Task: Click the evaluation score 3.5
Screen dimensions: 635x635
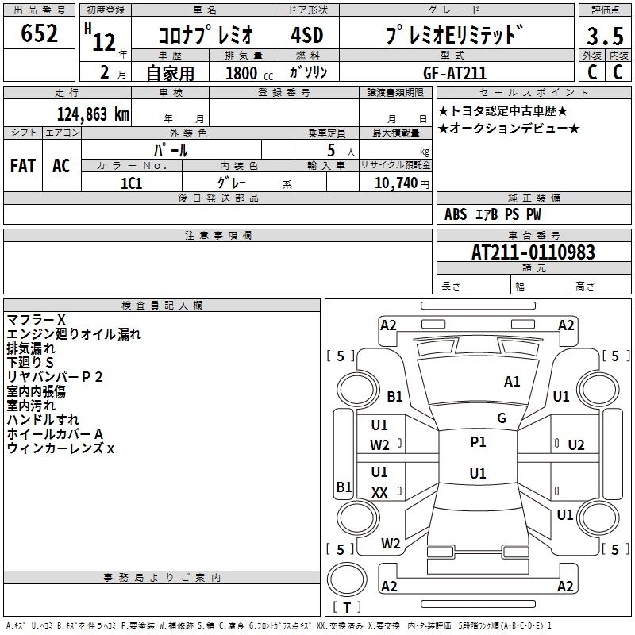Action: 603,37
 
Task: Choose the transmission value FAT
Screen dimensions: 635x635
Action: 23,166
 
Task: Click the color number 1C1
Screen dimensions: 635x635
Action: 131,182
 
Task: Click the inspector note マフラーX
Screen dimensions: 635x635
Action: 37,319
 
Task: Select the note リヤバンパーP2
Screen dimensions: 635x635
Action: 55,376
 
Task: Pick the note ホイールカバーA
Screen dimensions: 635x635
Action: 55,433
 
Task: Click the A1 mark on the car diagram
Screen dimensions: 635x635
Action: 512,382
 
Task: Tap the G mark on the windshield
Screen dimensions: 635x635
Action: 501,418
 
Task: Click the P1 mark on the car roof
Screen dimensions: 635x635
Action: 478,442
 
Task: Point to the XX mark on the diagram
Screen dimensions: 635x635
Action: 379,492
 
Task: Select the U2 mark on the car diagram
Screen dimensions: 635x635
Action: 575,444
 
